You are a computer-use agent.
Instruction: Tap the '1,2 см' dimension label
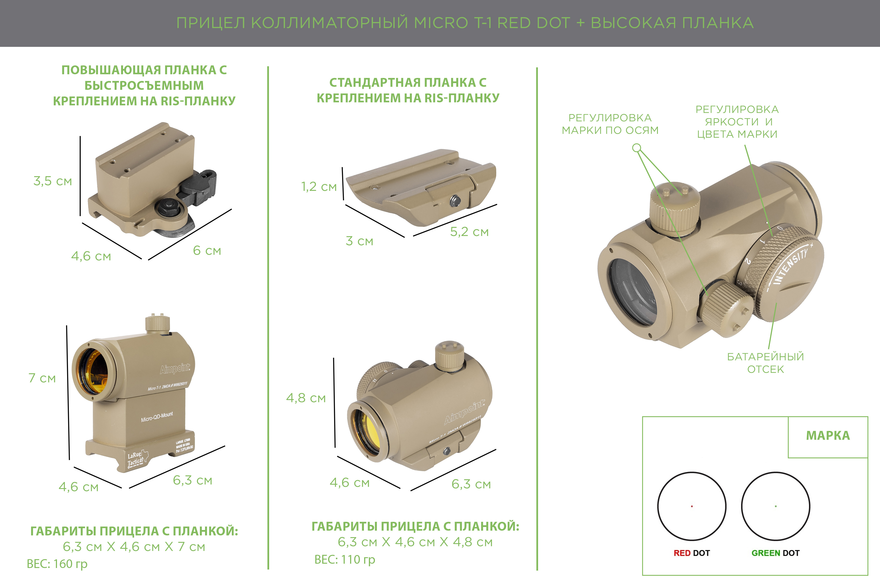pos(319,187)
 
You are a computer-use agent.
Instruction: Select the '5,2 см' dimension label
pos(469,232)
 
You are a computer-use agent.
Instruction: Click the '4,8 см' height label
pos(306,398)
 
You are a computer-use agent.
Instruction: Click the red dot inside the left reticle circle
pos(692,506)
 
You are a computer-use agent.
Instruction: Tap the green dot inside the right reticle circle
pos(776,506)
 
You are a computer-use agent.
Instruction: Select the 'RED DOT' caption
pos(692,553)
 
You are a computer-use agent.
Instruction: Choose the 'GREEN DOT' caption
pos(776,553)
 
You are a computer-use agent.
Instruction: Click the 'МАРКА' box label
pos(828,435)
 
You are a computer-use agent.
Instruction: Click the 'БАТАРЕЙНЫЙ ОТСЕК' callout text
pos(765,363)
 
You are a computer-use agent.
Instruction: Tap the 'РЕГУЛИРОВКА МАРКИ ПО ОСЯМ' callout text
pos(610,124)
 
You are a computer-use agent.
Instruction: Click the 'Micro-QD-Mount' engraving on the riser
pos(157,417)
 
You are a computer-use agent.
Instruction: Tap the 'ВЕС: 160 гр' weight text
pos(57,564)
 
